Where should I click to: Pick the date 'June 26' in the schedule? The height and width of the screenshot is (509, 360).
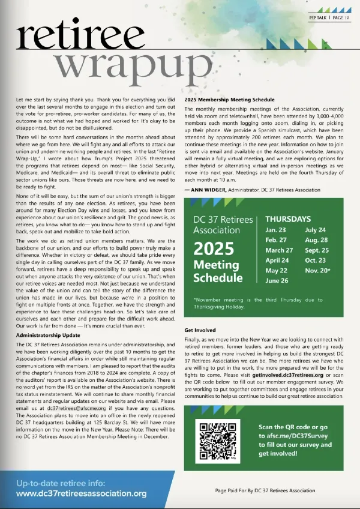[277, 280]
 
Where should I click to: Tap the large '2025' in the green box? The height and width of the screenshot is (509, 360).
[217, 247]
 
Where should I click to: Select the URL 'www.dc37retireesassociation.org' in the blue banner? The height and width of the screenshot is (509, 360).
[81, 493]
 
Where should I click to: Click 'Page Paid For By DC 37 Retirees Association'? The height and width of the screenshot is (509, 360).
[265, 490]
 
